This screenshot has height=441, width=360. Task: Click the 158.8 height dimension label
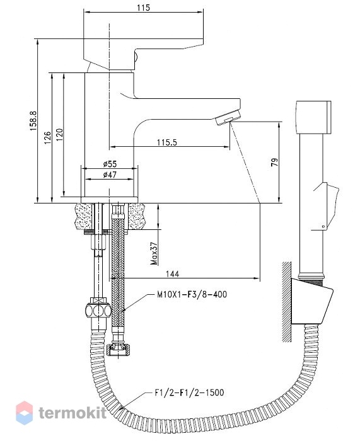point(33,121)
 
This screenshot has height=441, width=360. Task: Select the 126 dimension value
point(47,138)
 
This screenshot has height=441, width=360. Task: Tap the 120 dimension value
point(60,135)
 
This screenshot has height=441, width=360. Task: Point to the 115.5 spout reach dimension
point(167,142)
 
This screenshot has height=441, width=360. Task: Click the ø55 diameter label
point(110,164)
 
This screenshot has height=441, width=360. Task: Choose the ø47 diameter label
point(110,175)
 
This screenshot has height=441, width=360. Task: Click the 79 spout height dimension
point(275,163)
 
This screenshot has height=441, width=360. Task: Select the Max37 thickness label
point(154,253)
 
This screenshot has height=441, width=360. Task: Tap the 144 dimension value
point(172,273)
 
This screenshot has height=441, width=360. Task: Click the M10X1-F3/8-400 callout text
point(192,294)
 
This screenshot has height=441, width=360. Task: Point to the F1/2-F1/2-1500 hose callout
point(189,392)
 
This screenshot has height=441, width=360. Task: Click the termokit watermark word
point(73,413)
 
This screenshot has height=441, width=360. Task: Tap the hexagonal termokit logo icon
point(24,413)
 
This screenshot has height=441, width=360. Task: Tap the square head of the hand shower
point(313,117)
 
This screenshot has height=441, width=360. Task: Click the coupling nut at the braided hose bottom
point(118,349)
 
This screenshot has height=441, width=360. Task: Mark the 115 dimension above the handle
point(144,8)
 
